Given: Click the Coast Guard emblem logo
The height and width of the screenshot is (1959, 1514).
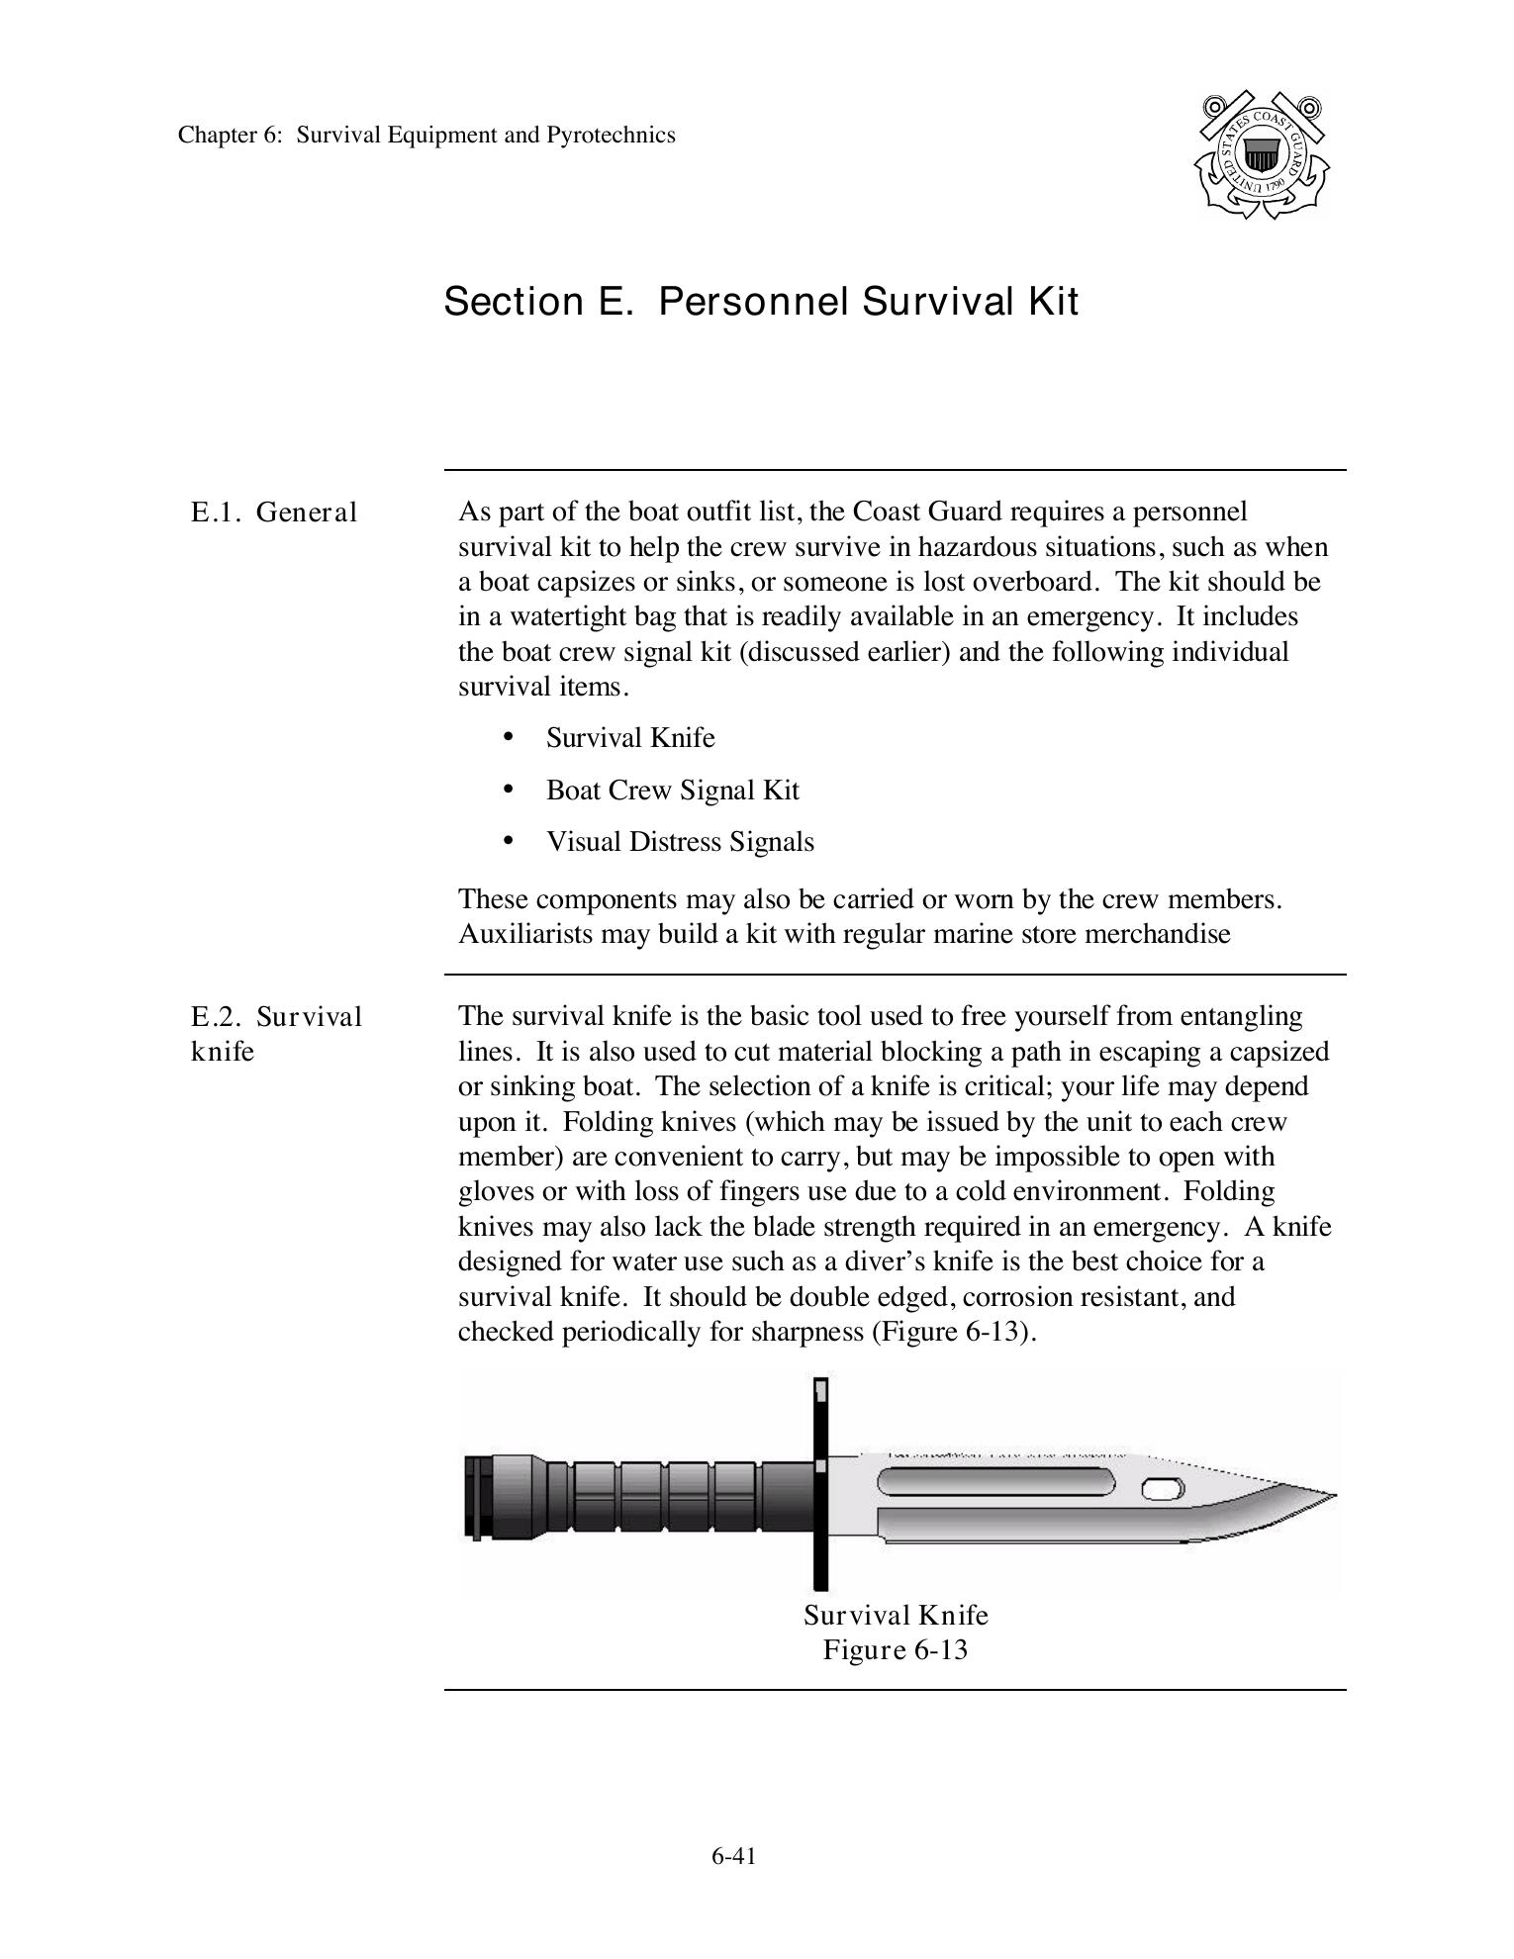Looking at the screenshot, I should tap(1262, 155).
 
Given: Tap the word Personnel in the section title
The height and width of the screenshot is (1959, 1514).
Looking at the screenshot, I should tap(753, 301).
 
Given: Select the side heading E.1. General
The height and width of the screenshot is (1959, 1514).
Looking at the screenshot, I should tap(273, 513).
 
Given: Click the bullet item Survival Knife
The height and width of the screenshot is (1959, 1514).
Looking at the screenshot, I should tap(629, 738).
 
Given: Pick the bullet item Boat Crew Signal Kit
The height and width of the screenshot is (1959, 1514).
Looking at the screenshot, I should tap(672, 790).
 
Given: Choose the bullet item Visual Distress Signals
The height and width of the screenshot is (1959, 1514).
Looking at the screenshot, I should tap(680, 842).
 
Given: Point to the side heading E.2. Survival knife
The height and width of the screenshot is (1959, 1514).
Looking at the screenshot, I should tap(276, 1033).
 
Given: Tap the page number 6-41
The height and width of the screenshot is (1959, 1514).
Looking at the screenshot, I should tap(733, 1856).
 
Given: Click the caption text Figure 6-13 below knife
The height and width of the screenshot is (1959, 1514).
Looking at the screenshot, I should tap(895, 1649).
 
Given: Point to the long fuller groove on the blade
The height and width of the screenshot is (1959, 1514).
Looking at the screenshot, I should tap(994, 1483).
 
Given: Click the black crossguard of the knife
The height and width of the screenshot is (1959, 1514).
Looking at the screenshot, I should tap(819, 1484).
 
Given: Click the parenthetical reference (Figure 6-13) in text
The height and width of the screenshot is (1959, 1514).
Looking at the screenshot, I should tap(953, 1332).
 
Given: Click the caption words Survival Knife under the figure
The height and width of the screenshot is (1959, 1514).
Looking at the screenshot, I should tap(896, 1615).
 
